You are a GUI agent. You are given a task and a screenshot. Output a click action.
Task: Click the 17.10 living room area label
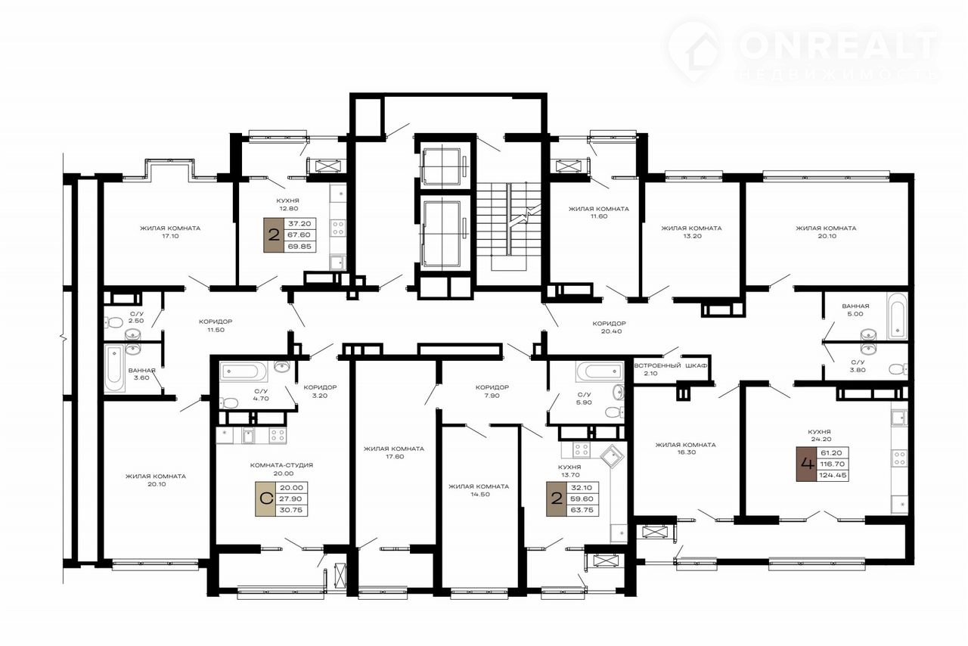coord(170,236)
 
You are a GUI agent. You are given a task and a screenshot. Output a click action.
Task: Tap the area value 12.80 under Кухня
coord(288,209)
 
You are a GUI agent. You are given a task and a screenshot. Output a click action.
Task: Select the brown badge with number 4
coord(806,464)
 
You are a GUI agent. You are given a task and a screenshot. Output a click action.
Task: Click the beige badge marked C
coord(265,499)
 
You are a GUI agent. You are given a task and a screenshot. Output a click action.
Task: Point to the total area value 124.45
coord(833,476)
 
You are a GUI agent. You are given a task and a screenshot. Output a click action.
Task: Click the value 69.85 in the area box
coord(300,247)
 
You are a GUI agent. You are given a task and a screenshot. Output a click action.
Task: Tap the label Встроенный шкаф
coord(671,366)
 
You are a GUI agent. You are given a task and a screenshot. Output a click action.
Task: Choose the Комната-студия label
coord(281,465)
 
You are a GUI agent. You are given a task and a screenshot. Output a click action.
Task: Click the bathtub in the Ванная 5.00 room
coord(897,316)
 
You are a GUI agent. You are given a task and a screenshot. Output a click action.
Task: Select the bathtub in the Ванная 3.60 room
coord(114,368)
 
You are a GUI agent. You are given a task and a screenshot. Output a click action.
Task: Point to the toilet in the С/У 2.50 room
coord(113,321)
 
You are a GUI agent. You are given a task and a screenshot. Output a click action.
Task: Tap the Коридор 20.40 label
coord(609,328)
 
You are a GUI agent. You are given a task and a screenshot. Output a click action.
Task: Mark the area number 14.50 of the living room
coord(480,494)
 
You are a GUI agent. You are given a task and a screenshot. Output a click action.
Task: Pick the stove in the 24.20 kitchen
coord(900,458)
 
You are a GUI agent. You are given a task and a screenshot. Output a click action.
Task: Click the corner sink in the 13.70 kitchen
coord(612,458)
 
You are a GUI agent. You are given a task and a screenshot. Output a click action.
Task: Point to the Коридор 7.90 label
coord(492,391)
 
